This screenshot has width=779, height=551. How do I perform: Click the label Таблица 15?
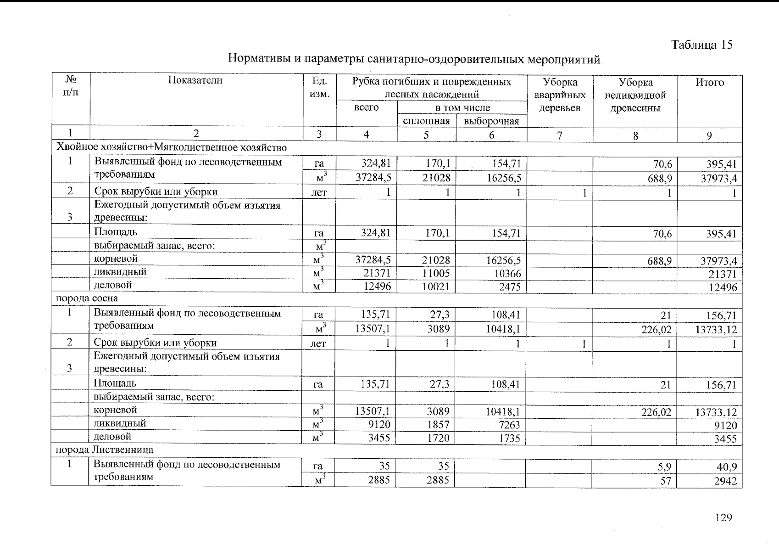click(x=701, y=45)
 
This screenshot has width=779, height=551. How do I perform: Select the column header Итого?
click(x=709, y=83)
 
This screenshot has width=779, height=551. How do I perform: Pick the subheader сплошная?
click(x=426, y=121)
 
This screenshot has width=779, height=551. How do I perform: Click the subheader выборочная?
click(x=491, y=121)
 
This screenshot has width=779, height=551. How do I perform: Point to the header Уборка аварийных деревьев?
click(x=560, y=95)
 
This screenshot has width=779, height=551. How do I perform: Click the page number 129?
click(x=723, y=518)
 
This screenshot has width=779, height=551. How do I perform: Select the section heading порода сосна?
click(x=87, y=298)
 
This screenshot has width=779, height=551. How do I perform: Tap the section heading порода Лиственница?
click(x=104, y=450)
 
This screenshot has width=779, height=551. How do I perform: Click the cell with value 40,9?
click(x=726, y=467)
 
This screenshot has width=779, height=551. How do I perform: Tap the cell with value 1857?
click(x=438, y=425)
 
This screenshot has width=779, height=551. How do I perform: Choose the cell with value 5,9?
click(x=664, y=467)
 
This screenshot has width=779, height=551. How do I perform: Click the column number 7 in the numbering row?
click(x=560, y=135)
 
